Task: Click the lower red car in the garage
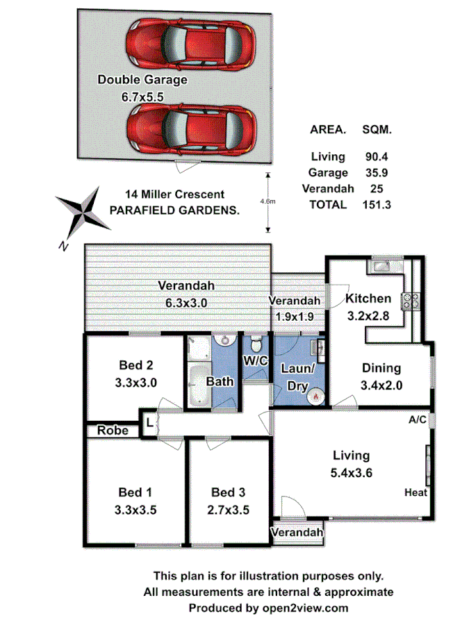coord(190,128)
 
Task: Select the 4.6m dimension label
coord(277,201)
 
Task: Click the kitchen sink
coord(382,265)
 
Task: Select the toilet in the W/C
coord(256,344)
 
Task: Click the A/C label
coord(418,420)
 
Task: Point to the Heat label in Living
coord(415,492)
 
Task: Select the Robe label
coord(113,431)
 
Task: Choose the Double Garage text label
coord(142,80)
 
